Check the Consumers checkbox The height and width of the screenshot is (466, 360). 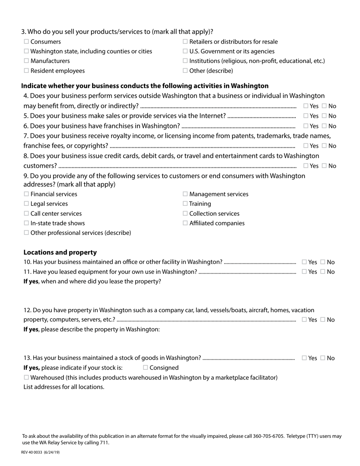26,42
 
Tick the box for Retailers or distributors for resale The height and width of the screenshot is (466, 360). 185,42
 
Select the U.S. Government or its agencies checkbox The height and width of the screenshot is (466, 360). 185,51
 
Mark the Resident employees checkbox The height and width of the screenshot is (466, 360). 26,70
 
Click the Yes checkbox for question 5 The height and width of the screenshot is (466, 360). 305,116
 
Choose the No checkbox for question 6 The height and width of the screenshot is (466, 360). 324,126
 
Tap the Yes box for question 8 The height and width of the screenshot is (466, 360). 305,166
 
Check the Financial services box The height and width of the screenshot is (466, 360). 26,194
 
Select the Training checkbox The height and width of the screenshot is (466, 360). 185,203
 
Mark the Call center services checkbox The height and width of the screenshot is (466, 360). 26,213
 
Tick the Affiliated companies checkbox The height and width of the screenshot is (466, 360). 185,223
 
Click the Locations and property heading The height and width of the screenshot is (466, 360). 60,252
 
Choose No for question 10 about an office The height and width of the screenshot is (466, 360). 322,262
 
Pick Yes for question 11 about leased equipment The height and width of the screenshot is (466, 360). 304,272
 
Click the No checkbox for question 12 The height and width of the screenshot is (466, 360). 322,319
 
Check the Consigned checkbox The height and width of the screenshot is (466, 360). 146,367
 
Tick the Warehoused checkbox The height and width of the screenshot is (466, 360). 26,377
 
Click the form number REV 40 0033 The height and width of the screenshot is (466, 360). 33,452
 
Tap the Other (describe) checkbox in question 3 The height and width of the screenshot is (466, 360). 185,70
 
